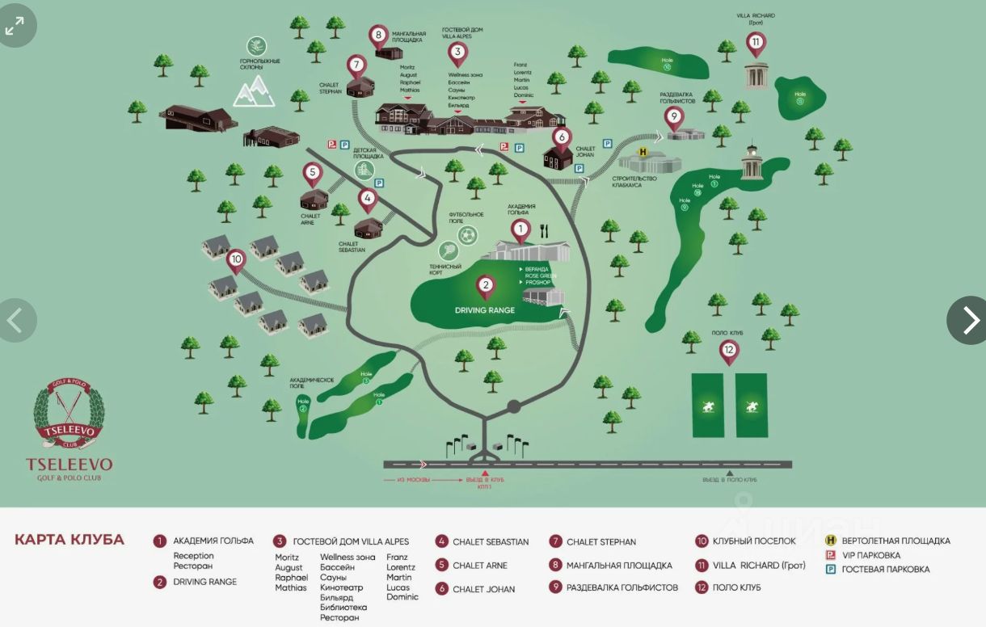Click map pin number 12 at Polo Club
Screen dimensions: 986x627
point(729,351)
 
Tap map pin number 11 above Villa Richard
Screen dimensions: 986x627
point(756,42)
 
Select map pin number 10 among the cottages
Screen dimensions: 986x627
point(236,260)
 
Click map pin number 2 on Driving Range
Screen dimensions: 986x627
point(485,285)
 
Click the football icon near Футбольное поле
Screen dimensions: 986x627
point(467,235)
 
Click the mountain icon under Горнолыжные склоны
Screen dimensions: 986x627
point(255,91)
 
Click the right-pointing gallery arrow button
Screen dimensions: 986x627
point(969,320)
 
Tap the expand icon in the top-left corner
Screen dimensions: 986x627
point(15,27)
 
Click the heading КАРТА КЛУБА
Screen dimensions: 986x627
point(70,540)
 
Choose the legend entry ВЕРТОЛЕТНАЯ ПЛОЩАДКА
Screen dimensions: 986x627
point(895,541)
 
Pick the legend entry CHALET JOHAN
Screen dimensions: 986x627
point(483,589)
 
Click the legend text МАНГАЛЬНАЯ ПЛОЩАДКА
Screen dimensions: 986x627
point(619,565)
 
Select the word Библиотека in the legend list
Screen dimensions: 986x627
point(343,608)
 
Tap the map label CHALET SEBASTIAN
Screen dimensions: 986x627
point(352,247)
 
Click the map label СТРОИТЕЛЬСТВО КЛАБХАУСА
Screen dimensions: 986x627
point(634,182)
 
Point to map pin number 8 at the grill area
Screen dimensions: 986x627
point(378,36)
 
